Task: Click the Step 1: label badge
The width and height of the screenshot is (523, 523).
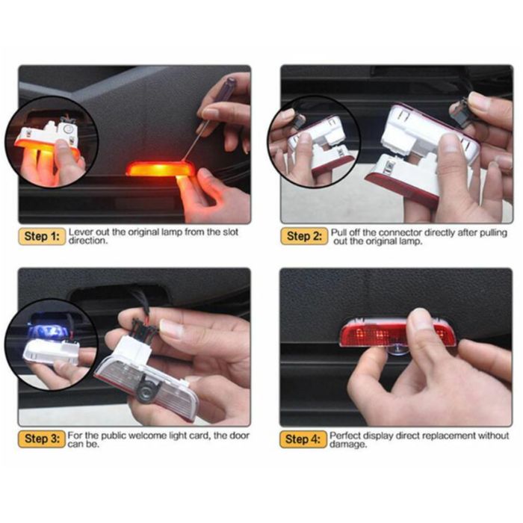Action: [41, 237]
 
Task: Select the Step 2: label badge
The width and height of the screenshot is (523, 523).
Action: [304, 237]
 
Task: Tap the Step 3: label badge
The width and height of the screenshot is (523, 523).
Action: [41, 439]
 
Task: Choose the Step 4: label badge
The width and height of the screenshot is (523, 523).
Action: [304, 439]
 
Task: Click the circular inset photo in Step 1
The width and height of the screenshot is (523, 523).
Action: [50, 143]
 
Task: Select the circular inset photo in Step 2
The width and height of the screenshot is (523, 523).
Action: [314, 142]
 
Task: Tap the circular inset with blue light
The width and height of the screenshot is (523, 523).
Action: [50, 344]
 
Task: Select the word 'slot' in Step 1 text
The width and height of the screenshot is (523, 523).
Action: [229, 233]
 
